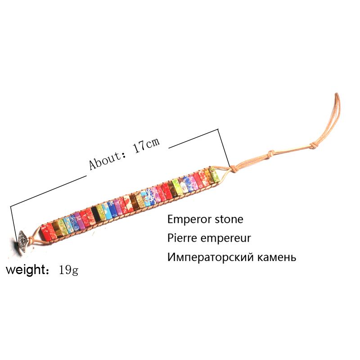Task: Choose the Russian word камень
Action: [275, 258]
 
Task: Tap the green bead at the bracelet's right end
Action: [215, 175]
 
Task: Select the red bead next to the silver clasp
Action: [46, 230]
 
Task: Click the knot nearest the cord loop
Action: [310, 145]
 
